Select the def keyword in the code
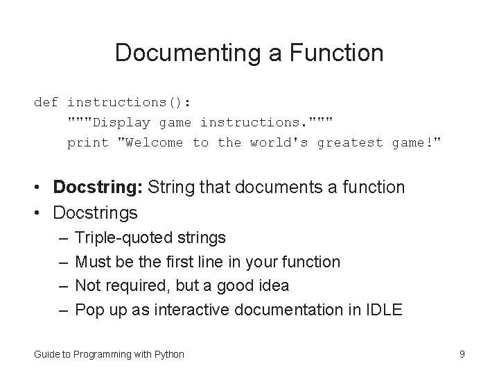tap(46, 102)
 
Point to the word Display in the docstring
tap(122, 122)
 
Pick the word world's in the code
tap(279, 142)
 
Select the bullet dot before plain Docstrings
tap(42, 212)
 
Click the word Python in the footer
tap(168, 354)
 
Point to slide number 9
tap(462, 354)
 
